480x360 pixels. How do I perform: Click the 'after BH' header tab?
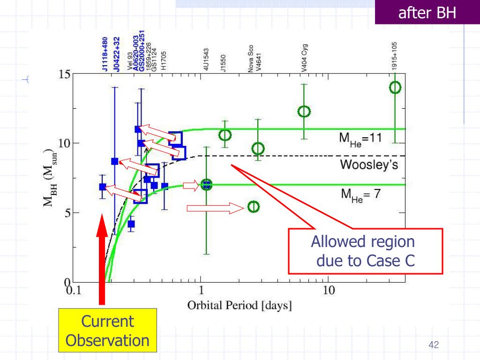pyautogui.click(x=427, y=13)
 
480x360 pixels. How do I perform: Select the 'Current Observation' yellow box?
pyautogui.click(x=107, y=331)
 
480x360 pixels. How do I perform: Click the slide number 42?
pyautogui.click(x=433, y=345)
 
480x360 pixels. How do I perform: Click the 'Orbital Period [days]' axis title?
pyautogui.click(x=240, y=306)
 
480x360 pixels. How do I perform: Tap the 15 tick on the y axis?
pyautogui.click(x=64, y=75)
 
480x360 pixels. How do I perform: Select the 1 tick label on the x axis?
pyautogui.click(x=201, y=291)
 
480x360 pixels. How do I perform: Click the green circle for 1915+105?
pyautogui.click(x=395, y=87)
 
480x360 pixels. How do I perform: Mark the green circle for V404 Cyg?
pyautogui.click(x=304, y=111)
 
